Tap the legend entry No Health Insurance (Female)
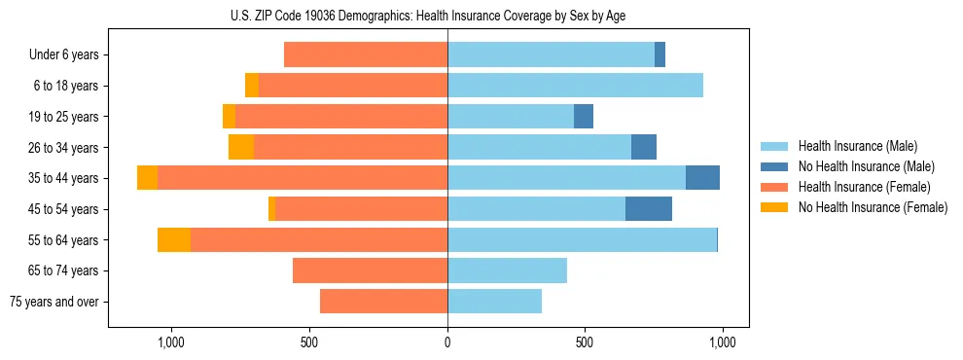click(873, 207)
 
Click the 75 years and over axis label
click(53, 302)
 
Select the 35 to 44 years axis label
click(64, 178)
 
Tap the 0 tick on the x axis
click(447, 342)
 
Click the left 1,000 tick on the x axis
click(171, 342)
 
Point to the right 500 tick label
click(585, 342)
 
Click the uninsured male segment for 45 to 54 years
click(649, 209)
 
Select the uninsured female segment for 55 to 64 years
click(174, 240)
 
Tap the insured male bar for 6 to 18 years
click(575, 86)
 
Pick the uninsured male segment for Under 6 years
click(660, 54)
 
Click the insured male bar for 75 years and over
click(494, 302)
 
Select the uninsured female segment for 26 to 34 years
click(241, 147)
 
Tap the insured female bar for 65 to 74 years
click(370, 270)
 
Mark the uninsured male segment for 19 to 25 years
click(584, 117)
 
